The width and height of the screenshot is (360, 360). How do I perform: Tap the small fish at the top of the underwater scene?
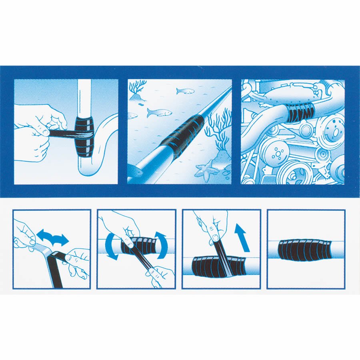[185, 91]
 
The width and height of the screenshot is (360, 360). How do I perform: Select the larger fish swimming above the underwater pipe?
[158, 112]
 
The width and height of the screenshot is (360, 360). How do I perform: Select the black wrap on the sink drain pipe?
[86, 136]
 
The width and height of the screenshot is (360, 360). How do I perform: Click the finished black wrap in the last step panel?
[305, 249]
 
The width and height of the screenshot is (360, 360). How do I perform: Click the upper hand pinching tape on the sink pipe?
[52, 116]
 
